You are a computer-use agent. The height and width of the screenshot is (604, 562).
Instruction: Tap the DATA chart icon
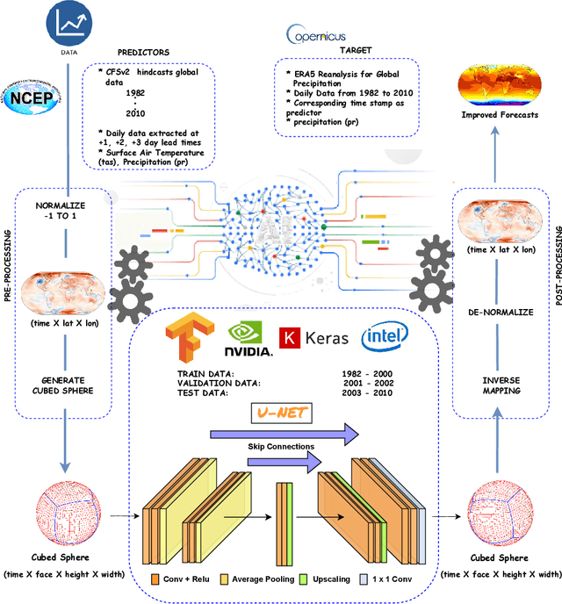[68, 25]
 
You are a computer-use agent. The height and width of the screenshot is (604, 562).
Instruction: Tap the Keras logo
[313, 337]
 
